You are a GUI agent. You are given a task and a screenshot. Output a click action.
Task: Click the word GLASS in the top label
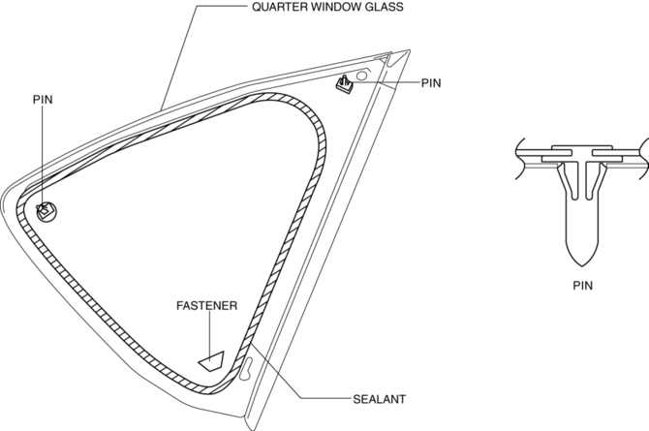tap(383, 7)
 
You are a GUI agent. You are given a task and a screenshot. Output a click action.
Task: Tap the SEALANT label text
tap(379, 399)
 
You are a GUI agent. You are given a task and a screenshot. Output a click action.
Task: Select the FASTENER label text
tap(207, 305)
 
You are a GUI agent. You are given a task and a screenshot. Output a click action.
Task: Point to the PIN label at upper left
tap(43, 100)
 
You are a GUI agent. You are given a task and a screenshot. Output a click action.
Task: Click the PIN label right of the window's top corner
tap(431, 83)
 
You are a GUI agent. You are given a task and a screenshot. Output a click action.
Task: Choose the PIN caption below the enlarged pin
tap(583, 286)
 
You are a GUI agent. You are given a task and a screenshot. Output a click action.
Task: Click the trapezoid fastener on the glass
tap(212, 361)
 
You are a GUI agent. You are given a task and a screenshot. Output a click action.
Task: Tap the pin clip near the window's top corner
tap(344, 84)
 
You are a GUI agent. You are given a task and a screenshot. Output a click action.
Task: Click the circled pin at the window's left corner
tap(45, 211)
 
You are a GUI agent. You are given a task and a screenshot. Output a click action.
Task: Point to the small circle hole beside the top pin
tap(361, 76)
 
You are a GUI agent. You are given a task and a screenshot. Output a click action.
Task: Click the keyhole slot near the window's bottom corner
tap(246, 368)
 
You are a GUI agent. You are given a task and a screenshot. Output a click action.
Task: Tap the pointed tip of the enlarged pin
tap(582, 265)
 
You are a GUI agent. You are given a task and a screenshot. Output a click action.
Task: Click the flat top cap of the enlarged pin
tap(582, 147)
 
